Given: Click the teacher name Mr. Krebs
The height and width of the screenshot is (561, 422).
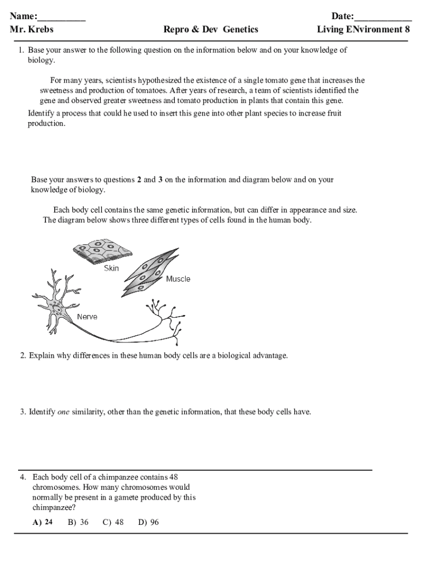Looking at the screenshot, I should point(32,30).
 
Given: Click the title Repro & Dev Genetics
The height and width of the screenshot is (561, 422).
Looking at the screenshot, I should point(210,30).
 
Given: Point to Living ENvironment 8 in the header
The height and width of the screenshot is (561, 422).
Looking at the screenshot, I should point(363,30).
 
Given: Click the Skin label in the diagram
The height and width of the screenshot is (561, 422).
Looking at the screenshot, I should point(111,268).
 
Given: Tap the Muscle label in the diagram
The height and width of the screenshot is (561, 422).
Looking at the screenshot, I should point(178,279).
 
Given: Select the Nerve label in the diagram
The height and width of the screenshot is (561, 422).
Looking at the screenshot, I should point(87,317).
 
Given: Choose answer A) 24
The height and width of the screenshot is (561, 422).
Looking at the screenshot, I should point(43,522).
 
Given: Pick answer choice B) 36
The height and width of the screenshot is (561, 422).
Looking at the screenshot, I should point(78,522).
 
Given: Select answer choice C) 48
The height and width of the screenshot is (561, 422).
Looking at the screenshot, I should point(113,522).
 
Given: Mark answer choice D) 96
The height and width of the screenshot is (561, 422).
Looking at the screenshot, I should point(149,522).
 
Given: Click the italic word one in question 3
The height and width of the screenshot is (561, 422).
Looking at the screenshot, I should point(64,411).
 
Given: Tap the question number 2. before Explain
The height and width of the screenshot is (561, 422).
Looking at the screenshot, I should point(23,356).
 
